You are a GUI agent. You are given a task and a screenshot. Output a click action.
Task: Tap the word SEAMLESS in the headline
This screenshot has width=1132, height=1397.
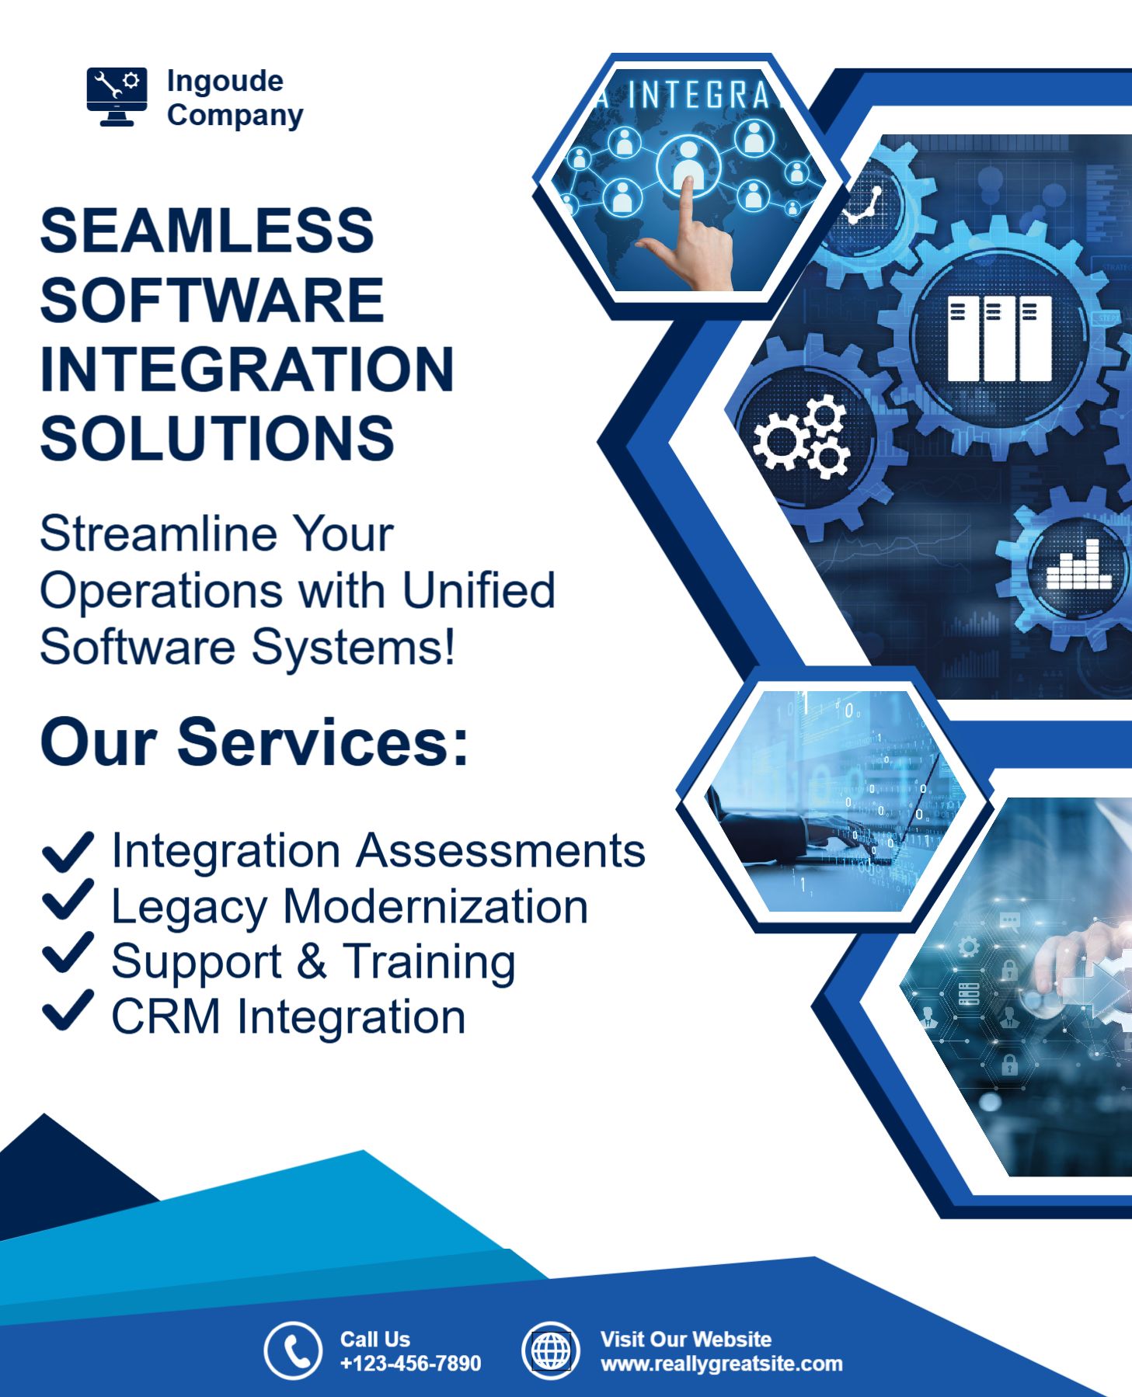point(207,231)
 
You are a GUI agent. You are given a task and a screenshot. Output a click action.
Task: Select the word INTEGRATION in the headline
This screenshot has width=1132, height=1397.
point(247,370)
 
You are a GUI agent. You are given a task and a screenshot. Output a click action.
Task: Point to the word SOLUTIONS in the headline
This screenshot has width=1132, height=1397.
point(218,439)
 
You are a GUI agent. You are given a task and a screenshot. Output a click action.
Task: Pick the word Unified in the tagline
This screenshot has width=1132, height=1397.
point(479,591)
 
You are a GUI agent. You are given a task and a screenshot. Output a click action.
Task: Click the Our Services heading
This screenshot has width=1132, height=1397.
point(255,742)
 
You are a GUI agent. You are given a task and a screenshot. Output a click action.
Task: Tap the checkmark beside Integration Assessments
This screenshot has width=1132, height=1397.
point(68,851)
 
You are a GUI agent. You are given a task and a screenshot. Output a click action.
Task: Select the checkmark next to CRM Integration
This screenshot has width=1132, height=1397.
point(68,1010)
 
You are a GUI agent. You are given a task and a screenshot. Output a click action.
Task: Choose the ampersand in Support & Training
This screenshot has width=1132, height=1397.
point(312,961)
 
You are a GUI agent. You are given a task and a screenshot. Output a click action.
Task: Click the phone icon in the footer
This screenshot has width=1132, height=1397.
point(293,1351)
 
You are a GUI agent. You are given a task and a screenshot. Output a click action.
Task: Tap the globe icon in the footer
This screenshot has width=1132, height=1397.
point(551,1351)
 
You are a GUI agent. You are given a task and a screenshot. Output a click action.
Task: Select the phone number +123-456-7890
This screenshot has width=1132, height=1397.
point(410,1364)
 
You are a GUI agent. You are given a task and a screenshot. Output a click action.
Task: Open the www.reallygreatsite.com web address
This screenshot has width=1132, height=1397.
point(721,1364)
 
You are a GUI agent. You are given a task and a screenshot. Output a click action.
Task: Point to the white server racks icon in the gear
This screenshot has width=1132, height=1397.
point(1000,339)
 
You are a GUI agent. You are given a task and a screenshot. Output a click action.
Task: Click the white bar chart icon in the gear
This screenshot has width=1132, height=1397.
point(1078,565)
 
